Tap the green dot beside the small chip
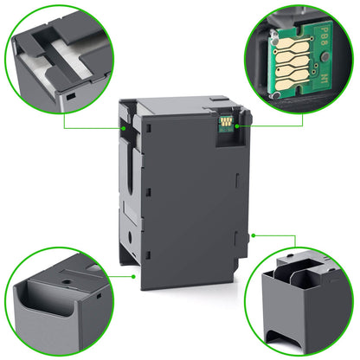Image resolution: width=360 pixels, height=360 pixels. point(236,126)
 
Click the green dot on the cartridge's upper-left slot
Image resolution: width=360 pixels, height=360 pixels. point(127,127)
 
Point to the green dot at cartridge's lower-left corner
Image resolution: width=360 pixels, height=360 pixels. point(132,277)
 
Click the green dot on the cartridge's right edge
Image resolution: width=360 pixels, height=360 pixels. point(251,234)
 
